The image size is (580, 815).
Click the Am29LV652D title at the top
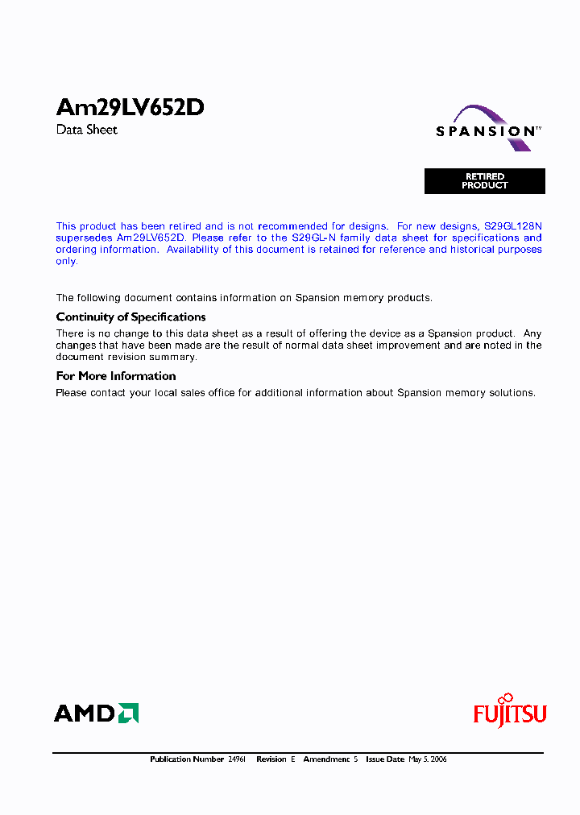point(130,108)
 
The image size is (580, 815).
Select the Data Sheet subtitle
point(87,130)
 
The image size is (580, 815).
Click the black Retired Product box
point(485,181)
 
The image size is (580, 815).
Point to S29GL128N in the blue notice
point(512,227)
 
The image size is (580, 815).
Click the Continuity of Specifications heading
point(130,317)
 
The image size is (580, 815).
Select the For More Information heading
point(116,376)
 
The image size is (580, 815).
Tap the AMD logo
point(96,713)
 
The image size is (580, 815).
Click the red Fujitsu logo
point(509,713)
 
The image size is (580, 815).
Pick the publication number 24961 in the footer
point(238,759)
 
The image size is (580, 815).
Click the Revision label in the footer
point(271,759)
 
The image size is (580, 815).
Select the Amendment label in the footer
point(325,759)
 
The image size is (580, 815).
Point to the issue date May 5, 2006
point(428,759)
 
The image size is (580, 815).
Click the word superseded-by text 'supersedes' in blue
point(84,238)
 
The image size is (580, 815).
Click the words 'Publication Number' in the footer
point(187,759)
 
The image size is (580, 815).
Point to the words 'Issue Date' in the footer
point(385,759)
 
